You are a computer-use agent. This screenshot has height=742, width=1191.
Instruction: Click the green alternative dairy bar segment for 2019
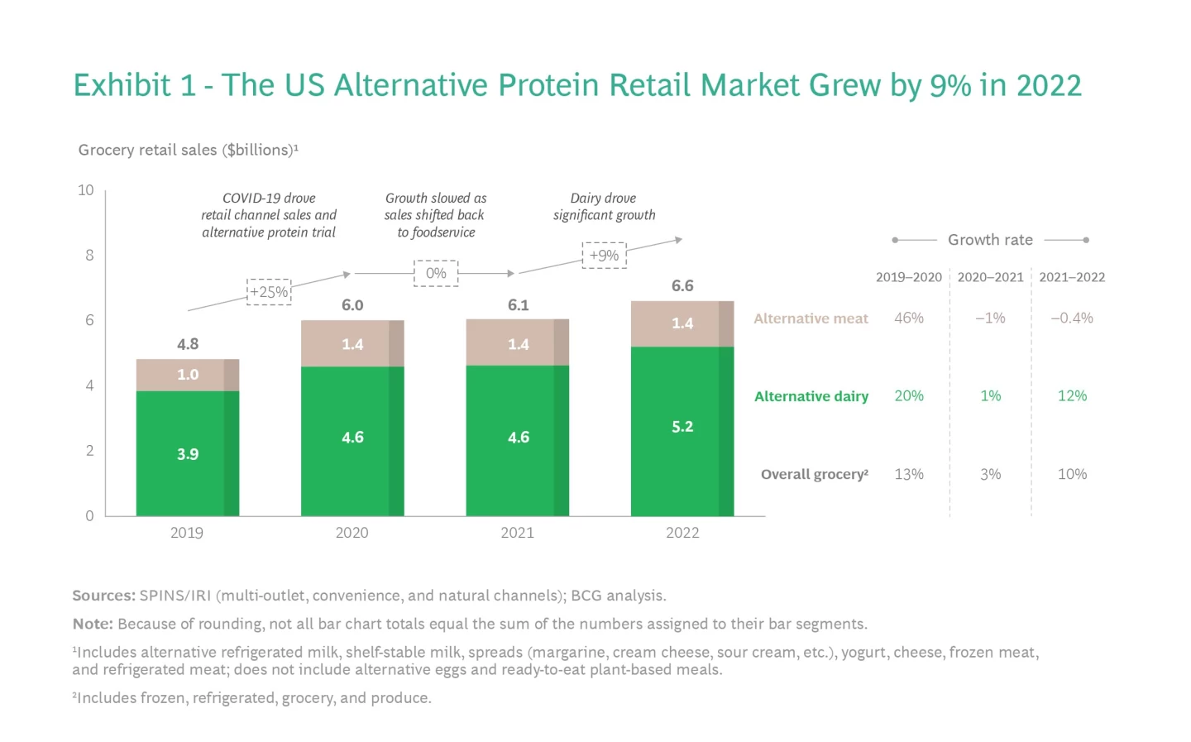(x=188, y=453)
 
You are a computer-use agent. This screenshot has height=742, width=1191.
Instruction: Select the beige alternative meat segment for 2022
(x=682, y=323)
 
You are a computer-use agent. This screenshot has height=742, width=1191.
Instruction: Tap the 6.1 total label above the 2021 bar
(x=519, y=305)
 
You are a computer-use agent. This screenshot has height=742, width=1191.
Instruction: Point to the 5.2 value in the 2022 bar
(x=682, y=427)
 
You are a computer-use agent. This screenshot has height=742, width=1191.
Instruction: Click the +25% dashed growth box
(x=269, y=292)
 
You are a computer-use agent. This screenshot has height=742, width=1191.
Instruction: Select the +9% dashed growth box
(x=604, y=256)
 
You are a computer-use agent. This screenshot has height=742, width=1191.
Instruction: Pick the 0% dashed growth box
(x=436, y=273)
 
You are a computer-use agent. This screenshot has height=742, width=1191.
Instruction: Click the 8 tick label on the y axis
(x=89, y=255)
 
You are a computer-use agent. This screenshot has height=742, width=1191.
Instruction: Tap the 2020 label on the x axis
(x=352, y=533)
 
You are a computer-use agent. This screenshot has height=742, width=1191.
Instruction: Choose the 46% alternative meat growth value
(x=909, y=318)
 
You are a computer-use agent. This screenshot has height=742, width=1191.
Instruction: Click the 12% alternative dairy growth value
(x=1072, y=395)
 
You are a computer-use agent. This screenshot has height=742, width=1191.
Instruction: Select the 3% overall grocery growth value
(x=990, y=474)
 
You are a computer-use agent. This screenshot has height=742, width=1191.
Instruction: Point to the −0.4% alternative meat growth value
(x=1072, y=318)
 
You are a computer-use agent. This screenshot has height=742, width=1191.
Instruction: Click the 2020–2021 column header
(x=990, y=277)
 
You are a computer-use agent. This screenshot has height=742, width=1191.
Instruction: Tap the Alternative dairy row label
(x=811, y=396)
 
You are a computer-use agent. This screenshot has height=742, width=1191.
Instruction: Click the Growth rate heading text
(x=990, y=240)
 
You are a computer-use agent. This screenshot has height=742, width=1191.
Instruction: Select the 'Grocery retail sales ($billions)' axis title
(x=188, y=150)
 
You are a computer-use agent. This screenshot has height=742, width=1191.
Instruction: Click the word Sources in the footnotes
(x=103, y=596)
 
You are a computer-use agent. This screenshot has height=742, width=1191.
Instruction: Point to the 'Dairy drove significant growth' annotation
(x=604, y=207)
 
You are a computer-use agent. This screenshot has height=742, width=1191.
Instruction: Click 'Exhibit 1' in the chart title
(x=134, y=85)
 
